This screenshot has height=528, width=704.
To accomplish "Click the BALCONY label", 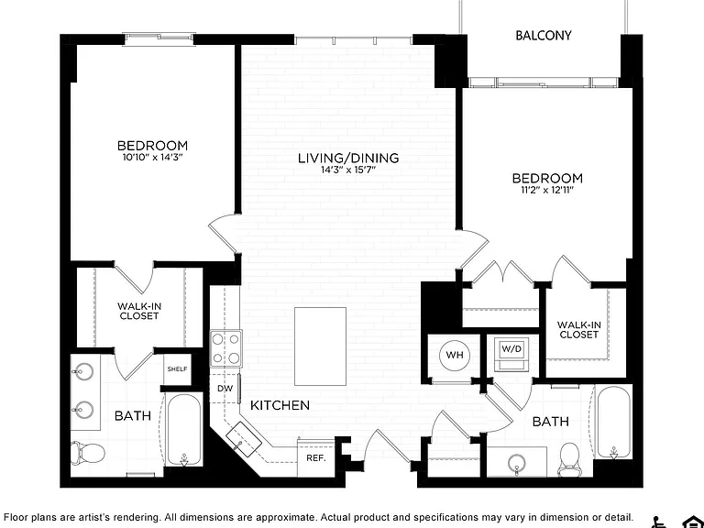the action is tap(544, 36).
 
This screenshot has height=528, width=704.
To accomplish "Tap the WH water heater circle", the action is tap(455, 356).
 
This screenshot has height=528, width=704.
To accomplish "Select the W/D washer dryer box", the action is tap(511, 354).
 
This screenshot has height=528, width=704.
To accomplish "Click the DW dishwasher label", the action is tap(225, 389).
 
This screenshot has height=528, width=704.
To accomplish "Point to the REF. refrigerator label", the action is tap(316, 458).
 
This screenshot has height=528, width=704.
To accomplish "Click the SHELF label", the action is tap(177, 369).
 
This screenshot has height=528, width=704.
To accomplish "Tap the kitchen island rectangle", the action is tap(320, 346).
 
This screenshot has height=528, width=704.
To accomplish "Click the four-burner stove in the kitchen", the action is tap(225, 349).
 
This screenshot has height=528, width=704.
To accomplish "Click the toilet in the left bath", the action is tap(88, 453).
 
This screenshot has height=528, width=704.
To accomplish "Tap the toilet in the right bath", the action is tap(569, 459).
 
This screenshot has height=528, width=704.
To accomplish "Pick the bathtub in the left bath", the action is tap(184, 430).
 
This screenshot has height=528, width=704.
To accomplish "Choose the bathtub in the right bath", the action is tap(613, 422).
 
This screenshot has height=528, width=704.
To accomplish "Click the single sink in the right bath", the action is tap(517, 462).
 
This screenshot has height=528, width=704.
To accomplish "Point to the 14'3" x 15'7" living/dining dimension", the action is tap(348, 170).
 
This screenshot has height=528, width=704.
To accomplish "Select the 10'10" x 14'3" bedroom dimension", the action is tap(153, 157).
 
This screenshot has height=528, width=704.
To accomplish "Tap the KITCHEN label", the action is tap(280, 405).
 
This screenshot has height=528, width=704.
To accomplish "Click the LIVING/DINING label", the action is tap(348, 158).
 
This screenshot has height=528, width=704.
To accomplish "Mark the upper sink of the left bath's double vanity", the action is tap(83, 372).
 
